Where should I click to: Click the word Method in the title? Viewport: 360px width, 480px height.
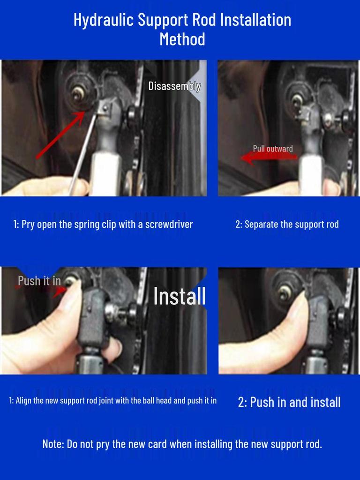tap(182, 39)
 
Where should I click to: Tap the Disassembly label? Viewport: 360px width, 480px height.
tap(174, 86)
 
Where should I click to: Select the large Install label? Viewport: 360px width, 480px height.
tap(180, 296)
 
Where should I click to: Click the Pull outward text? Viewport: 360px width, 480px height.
tap(272, 149)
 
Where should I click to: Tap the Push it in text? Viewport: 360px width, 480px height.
tap(39, 281)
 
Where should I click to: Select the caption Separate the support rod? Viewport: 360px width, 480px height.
tap(287, 224)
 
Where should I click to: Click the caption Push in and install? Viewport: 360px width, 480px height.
tap(289, 402)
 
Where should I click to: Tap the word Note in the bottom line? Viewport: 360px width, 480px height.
tap(52, 444)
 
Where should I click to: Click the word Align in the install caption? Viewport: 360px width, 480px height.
tap(25, 401)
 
